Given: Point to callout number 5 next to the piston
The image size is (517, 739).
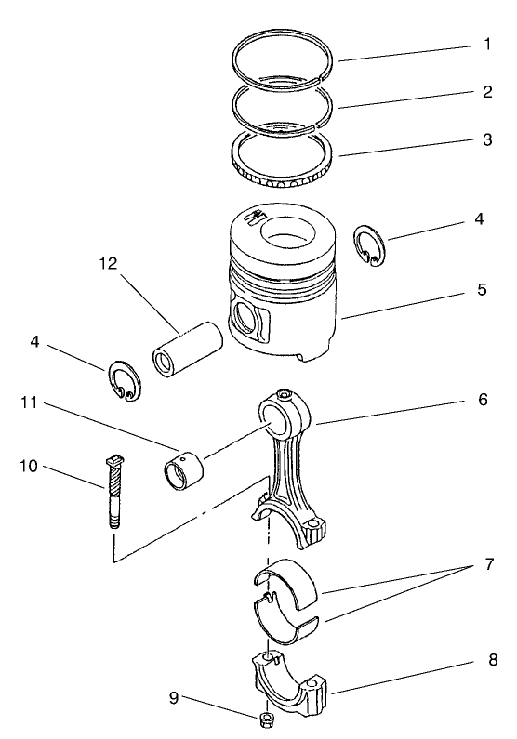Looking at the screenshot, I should pos(483,289).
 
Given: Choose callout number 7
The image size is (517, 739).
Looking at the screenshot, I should pos(489,563).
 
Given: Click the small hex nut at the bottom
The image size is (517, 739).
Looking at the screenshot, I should pos(267,721).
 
